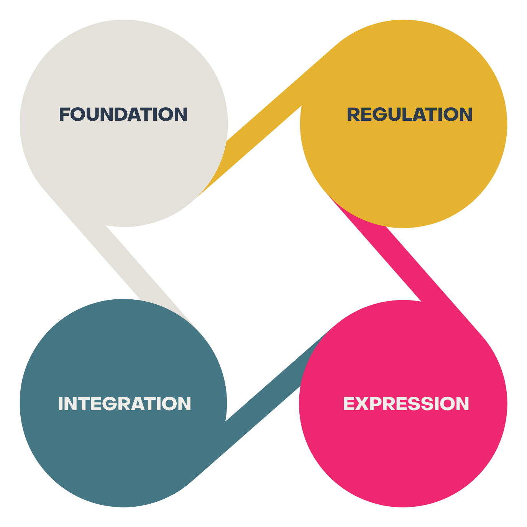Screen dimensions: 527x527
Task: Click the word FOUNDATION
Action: coord(123,115)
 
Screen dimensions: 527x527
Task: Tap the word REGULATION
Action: coord(409,115)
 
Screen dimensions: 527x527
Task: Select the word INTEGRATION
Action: coord(124,404)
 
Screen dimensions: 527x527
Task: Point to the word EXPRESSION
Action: coord(406,404)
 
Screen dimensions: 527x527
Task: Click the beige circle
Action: coord(123,161)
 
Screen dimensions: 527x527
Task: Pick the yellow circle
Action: coord(404,165)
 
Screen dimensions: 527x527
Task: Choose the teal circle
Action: coord(123,452)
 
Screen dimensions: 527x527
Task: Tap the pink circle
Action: coord(403,452)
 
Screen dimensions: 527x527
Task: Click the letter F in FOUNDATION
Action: coord(64,115)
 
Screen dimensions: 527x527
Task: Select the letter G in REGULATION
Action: coord(381,115)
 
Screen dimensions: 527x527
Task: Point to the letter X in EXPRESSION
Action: coord(363,404)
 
